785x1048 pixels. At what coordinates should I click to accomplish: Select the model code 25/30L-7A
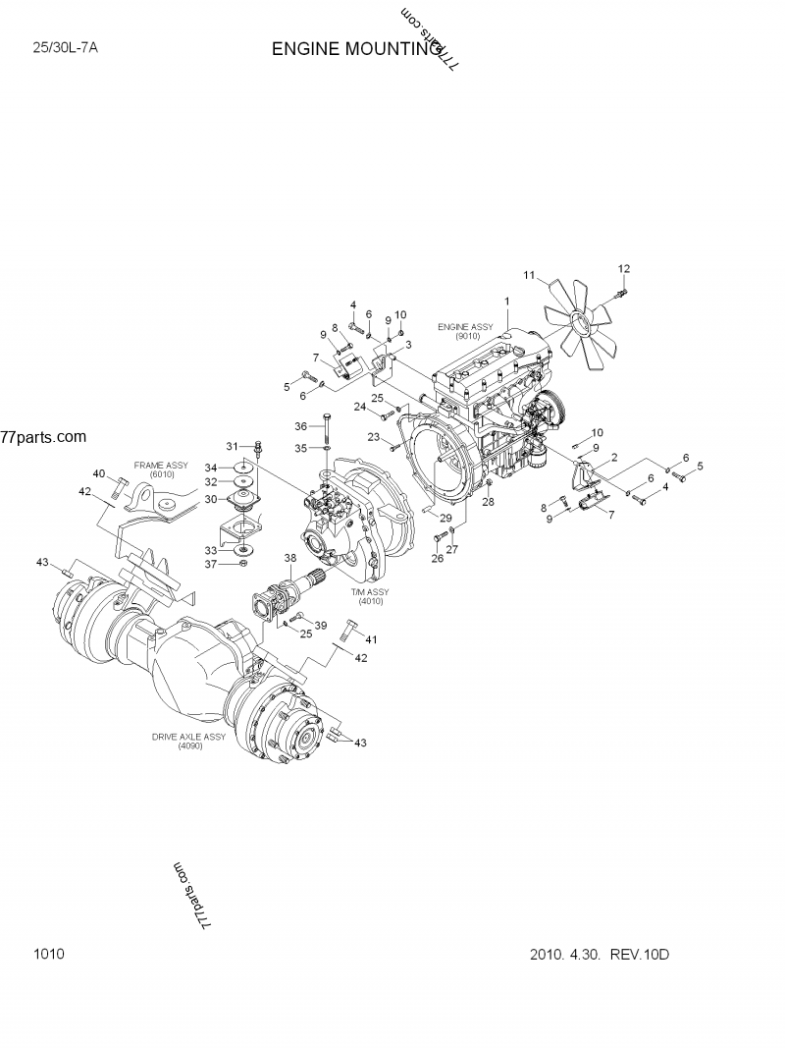(x=66, y=46)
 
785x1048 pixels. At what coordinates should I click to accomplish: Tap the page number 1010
(x=48, y=954)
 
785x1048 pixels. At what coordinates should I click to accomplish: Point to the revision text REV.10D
(x=642, y=954)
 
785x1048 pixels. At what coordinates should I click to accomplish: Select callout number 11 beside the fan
(x=529, y=276)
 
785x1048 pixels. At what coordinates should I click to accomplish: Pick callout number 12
(x=623, y=269)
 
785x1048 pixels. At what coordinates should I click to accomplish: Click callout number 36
(x=300, y=425)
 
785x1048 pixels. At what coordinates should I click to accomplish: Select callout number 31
(x=234, y=446)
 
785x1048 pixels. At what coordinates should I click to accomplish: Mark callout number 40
(x=99, y=473)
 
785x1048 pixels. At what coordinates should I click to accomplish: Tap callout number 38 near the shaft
(x=290, y=558)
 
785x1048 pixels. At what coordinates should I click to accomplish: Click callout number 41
(x=371, y=639)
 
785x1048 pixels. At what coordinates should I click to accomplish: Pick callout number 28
(x=489, y=502)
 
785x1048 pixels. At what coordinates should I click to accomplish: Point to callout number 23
(x=374, y=437)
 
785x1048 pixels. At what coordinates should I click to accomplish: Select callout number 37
(x=209, y=564)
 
